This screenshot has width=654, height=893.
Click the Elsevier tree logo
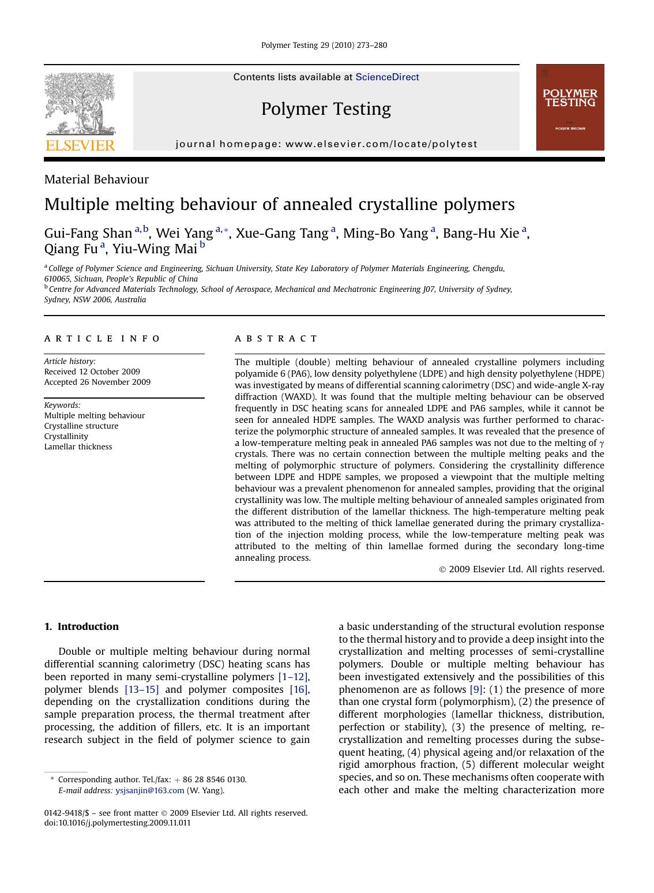[80, 104]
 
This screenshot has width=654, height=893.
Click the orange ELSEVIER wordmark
[80, 145]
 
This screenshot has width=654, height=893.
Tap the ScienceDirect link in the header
[387, 77]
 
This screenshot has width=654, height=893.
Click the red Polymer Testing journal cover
[570, 107]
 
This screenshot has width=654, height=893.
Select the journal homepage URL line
[326, 144]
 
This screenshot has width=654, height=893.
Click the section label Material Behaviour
[96, 179]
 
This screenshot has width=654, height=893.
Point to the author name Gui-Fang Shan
[88, 233]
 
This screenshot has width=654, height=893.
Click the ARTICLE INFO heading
[102, 339]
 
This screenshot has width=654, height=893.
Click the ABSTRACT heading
[276, 339]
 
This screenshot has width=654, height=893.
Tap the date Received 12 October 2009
[92, 372]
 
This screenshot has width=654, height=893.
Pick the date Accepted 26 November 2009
[97, 382]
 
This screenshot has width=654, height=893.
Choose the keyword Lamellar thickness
[78, 446]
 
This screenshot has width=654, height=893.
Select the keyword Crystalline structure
[81, 426]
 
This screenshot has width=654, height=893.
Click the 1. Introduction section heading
[81, 626]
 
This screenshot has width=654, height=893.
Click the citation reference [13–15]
[141, 689]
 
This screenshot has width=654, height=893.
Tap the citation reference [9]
[476, 689]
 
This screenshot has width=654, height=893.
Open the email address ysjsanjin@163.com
[150, 790]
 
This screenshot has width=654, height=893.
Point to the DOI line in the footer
[117, 823]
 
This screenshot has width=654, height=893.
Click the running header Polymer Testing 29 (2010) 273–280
[324, 45]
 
